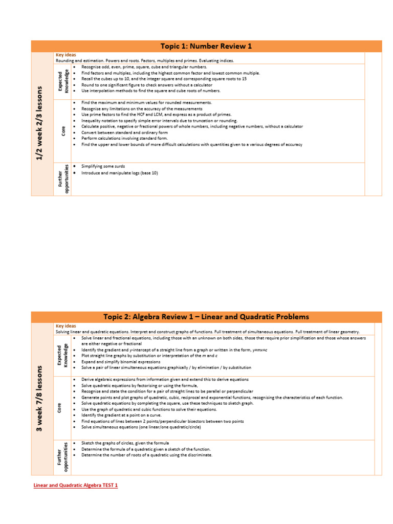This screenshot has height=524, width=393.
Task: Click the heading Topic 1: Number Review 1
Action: click(x=206, y=47)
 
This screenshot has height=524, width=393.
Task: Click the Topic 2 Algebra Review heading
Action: click(x=206, y=317)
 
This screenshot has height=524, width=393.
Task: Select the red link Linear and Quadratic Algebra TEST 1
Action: click(x=75, y=485)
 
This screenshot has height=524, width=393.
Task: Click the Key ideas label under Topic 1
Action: click(x=65, y=55)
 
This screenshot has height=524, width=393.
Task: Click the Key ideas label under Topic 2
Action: click(x=65, y=325)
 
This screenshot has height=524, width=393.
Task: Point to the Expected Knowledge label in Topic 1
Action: click(x=63, y=82)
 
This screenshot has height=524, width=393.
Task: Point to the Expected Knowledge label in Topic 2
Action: click(x=63, y=355)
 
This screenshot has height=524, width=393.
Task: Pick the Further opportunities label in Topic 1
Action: click(x=63, y=179)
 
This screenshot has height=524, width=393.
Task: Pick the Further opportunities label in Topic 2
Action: click(x=63, y=457)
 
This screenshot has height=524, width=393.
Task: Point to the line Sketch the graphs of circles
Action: click(x=125, y=443)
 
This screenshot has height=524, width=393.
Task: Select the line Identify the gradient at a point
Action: click(x=122, y=415)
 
